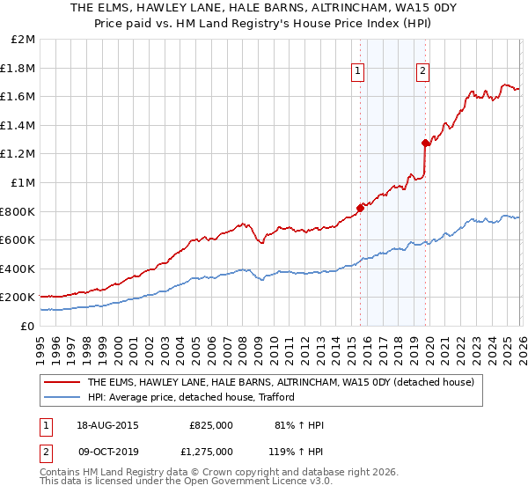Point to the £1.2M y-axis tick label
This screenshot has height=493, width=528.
[20, 154]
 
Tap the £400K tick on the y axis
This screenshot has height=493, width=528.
[20, 269]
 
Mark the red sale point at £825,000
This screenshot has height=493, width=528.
[360, 209]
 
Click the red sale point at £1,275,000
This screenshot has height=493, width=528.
[425, 143]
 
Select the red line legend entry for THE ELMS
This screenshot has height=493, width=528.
[281, 382]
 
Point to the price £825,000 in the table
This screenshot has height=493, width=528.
[211, 424]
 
